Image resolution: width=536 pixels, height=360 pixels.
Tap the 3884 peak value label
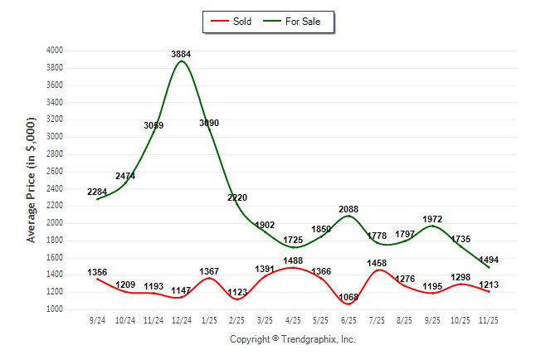(182, 54)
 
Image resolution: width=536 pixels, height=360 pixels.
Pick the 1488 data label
(292, 260)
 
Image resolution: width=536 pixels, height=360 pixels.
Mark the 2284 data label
(97, 192)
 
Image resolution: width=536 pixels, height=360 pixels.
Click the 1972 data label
(432, 219)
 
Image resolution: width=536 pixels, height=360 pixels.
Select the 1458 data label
(376, 263)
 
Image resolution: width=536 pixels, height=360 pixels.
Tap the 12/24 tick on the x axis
(181, 321)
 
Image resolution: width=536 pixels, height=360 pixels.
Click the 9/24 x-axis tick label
(97, 321)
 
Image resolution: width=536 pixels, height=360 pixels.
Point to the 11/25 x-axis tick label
(488, 321)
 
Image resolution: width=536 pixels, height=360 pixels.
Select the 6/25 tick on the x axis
(348, 321)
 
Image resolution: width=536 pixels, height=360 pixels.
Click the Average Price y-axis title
(32, 179)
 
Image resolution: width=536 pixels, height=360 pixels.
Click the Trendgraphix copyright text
(292, 339)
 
